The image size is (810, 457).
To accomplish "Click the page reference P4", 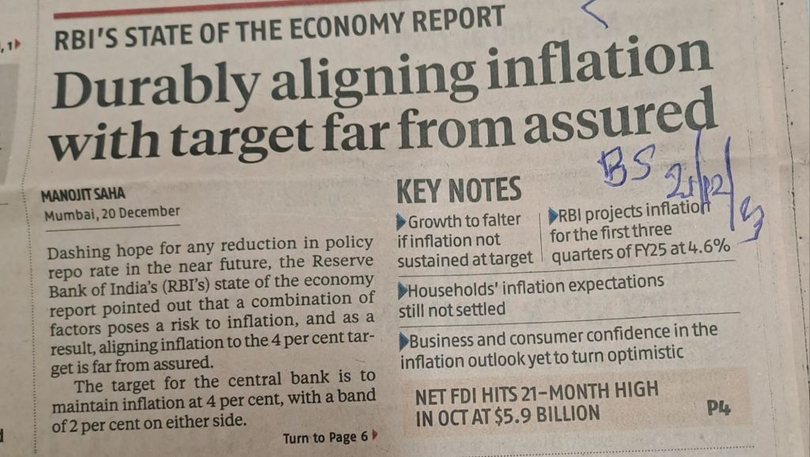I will tap(718, 409).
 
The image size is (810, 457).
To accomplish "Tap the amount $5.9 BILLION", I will tap(538, 414).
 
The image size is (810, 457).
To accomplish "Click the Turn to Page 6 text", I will tap(325, 437).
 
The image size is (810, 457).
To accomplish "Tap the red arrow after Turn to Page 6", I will tap(375, 435).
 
